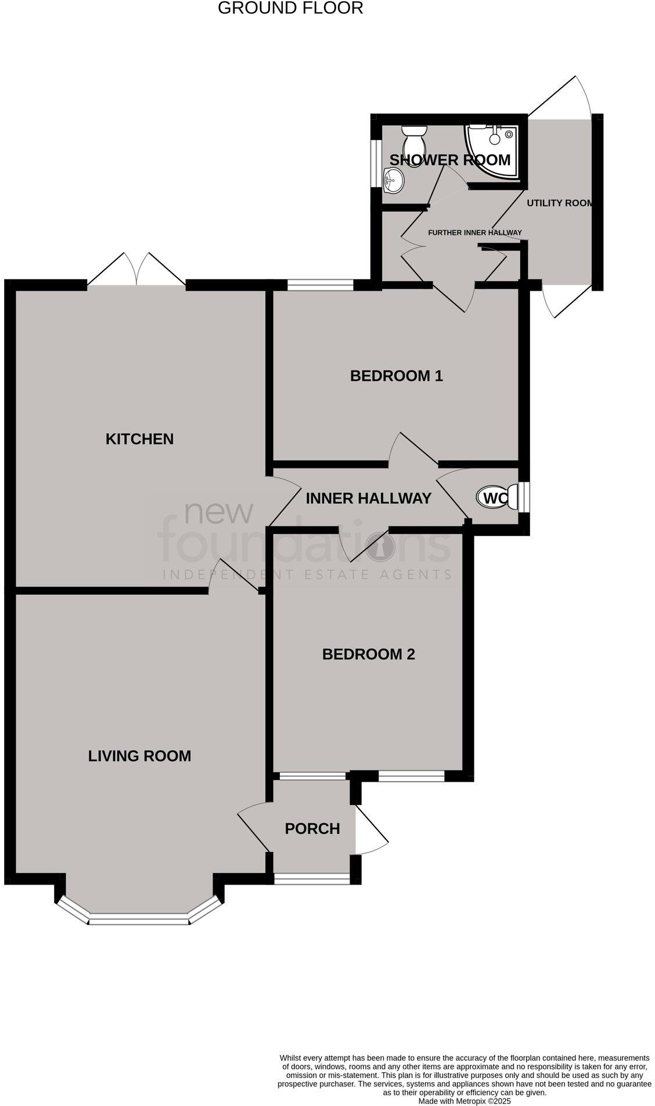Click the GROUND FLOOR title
(290, 8)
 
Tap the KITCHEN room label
(139, 439)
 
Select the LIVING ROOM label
(139, 756)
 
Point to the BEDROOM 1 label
(397, 375)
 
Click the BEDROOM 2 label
(368, 654)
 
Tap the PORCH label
(312, 828)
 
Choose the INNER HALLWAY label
(368, 498)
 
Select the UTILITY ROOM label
(560, 203)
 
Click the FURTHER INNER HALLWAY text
(474, 232)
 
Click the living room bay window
(139, 918)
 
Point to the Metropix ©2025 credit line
(465, 1101)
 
